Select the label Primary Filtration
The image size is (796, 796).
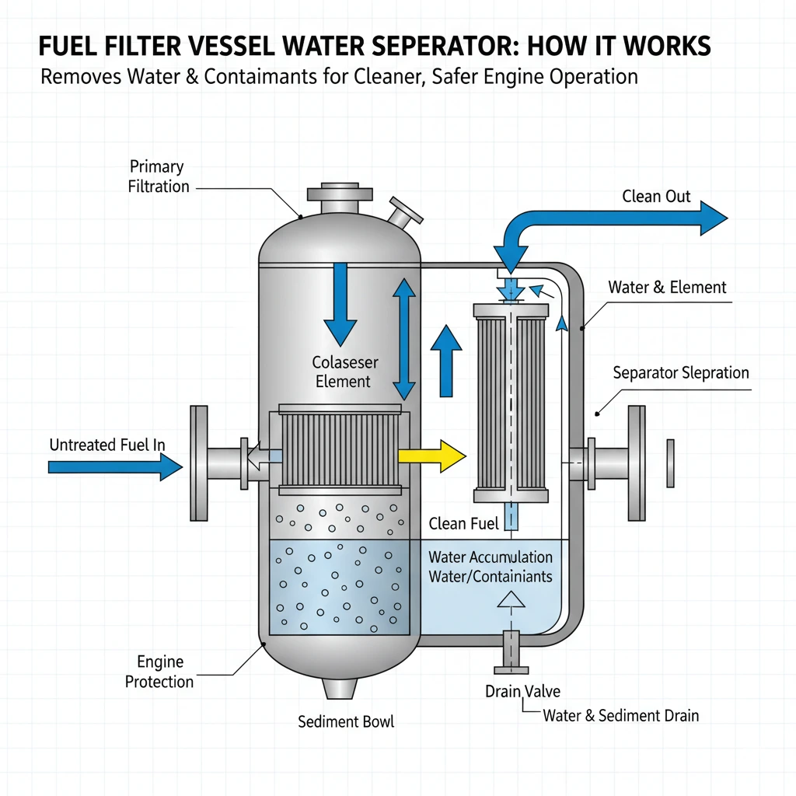coord(159,176)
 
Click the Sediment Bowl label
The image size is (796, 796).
coord(346,721)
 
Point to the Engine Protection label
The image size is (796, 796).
coord(159,672)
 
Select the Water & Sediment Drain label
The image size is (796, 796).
coord(620,715)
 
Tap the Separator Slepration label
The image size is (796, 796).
coord(681,372)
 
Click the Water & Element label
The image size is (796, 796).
coord(667,287)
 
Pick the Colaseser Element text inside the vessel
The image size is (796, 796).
coord(343,372)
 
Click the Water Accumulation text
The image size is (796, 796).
coord(491,557)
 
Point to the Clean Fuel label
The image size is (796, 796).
coord(463,524)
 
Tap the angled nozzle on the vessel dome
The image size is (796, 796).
coord(402,212)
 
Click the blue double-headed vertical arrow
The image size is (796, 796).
coord(404,339)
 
